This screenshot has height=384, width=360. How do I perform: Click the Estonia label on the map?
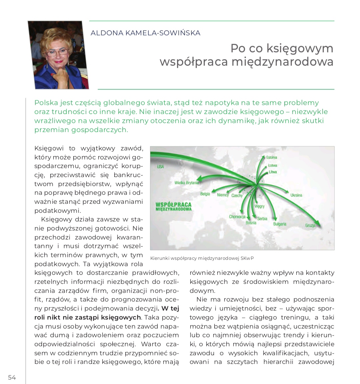(x=272, y=157)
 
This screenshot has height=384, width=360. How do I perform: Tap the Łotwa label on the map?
(x=273, y=165)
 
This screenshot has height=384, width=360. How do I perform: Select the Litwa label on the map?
(x=273, y=172)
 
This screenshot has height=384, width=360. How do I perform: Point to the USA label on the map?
(x=161, y=166)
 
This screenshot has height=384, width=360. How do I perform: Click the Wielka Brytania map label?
(x=187, y=183)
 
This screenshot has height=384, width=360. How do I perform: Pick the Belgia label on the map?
(x=205, y=194)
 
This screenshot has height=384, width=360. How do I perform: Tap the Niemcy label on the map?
(x=223, y=195)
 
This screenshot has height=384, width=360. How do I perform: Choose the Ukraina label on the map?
(x=296, y=195)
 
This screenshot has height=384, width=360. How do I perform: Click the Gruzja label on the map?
(x=310, y=226)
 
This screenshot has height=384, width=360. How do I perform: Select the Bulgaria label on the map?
(x=280, y=224)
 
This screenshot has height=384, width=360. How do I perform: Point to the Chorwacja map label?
(x=237, y=217)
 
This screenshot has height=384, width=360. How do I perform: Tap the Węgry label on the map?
(x=259, y=206)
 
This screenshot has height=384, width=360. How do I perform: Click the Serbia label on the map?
(x=262, y=219)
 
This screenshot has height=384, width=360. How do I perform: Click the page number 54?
(x=12, y=377)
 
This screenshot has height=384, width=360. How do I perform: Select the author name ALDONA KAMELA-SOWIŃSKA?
(x=145, y=33)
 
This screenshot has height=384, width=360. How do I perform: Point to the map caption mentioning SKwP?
(x=204, y=258)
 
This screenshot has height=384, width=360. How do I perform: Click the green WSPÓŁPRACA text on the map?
(x=173, y=204)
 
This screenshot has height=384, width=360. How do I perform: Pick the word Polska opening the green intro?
(x=46, y=103)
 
